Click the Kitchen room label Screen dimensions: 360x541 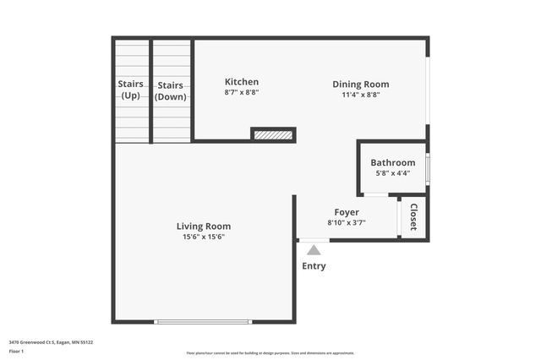click(x=241, y=82)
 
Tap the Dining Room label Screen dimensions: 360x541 click(x=360, y=84)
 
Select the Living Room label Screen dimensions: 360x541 click(x=203, y=226)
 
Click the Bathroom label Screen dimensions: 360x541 click(x=392, y=162)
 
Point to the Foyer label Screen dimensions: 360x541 click(x=347, y=212)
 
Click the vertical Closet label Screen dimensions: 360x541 click(x=413, y=217)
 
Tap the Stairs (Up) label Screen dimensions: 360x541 click(x=130, y=90)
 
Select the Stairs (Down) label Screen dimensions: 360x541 click(x=170, y=90)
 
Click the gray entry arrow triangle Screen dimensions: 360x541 click(x=314, y=249)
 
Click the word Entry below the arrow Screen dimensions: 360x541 click(x=314, y=266)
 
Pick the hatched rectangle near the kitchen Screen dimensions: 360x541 click(x=273, y=134)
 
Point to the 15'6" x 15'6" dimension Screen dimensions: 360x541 click(x=203, y=237)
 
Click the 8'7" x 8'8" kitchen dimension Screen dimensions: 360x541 click(x=241, y=93)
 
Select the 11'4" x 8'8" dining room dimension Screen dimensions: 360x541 click(x=360, y=95)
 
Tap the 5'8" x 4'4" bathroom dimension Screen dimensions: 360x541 click(x=392, y=173)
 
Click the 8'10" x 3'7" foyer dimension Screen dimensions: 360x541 click(x=347, y=223)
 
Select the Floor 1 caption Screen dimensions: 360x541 click(x=17, y=351)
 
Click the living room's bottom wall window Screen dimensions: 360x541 click(x=202, y=321)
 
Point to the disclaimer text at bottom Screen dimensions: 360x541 click(x=270, y=353)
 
